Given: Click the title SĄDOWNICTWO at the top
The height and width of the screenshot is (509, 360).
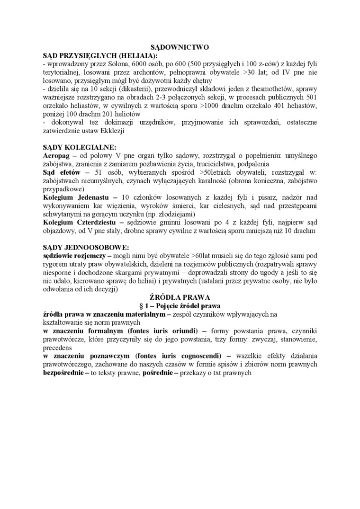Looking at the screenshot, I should point(180,48).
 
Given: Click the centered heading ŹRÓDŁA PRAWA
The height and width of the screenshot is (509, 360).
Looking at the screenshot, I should point(180,297).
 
